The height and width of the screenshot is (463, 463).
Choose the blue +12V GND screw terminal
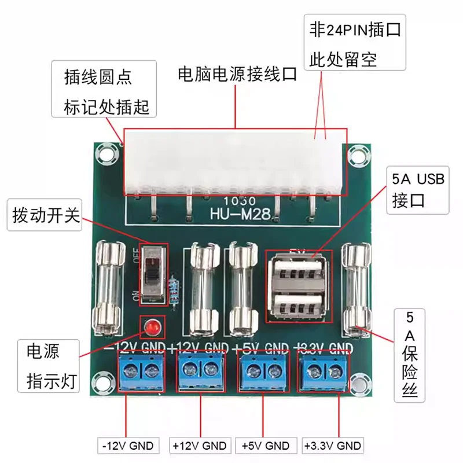tap(200, 371)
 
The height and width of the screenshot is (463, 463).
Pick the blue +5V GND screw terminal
tap(262, 371)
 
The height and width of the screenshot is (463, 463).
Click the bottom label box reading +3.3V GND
tap(333, 446)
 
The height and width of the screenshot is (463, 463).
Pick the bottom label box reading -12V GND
tap(127, 446)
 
